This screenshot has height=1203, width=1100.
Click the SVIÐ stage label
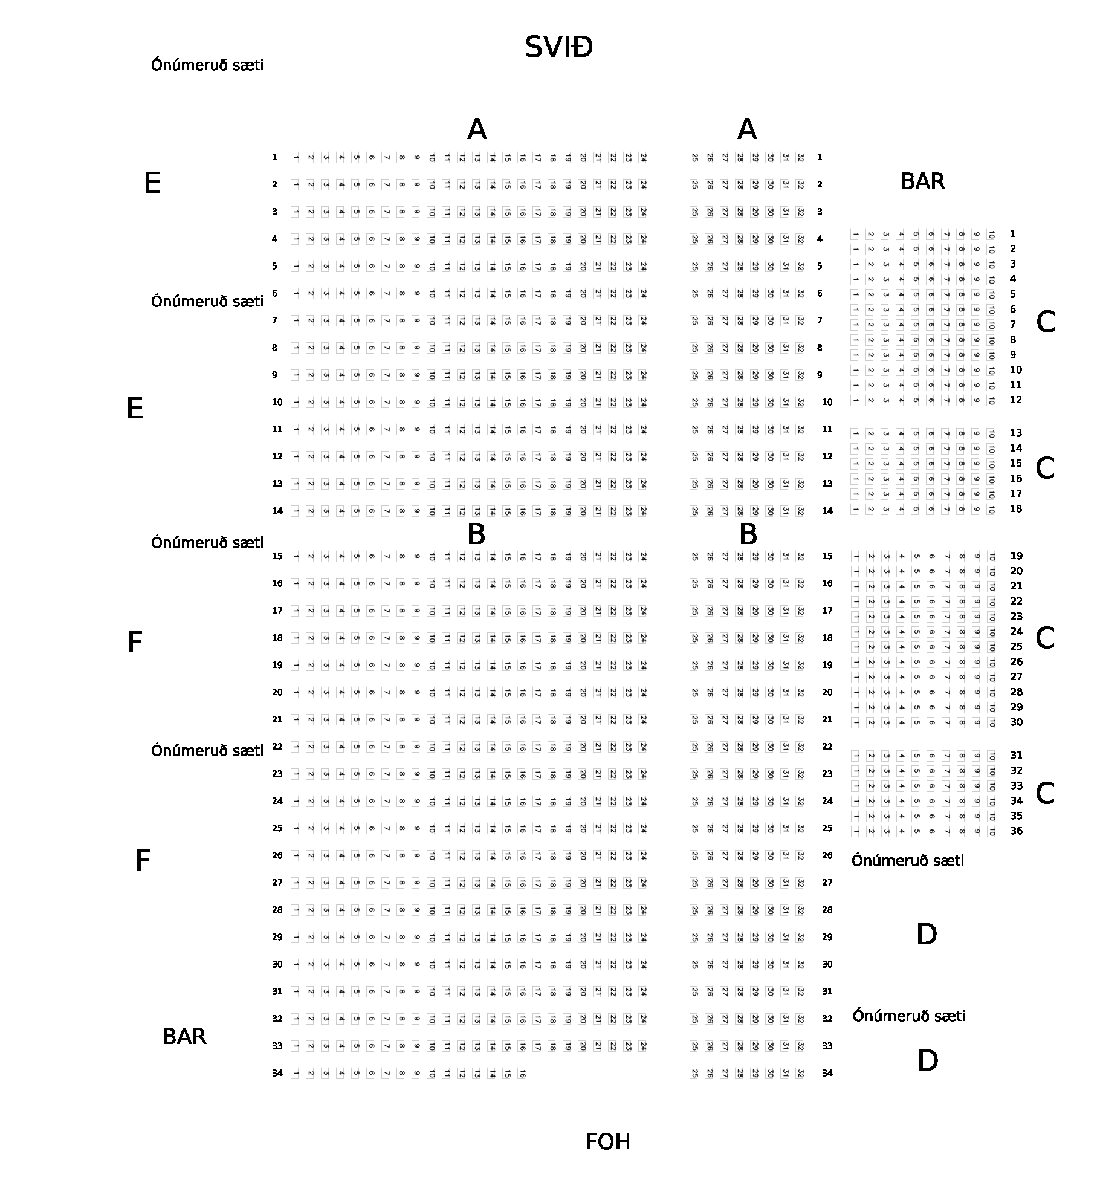(x=558, y=47)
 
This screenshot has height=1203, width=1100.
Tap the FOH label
(x=607, y=1142)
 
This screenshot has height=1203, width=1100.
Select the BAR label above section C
(x=922, y=181)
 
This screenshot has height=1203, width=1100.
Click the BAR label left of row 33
(x=184, y=1037)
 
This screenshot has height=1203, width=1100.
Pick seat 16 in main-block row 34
(x=522, y=1074)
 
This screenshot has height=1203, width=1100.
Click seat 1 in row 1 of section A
(x=296, y=158)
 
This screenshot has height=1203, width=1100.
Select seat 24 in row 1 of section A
(x=643, y=158)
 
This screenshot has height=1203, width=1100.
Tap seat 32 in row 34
(x=800, y=1074)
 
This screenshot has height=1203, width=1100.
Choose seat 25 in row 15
(x=694, y=557)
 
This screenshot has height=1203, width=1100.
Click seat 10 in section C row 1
(x=991, y=234)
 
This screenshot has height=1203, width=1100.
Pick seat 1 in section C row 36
(x=855, y=832)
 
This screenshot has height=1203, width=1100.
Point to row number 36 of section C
(x=1017, y=831)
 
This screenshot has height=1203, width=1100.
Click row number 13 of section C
(x=1016, y=433)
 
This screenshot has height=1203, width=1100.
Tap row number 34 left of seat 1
(x=277, y=1073)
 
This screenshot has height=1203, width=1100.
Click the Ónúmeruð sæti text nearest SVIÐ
(x=207, y=65)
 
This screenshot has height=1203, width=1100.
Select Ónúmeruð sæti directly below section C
(x=908, y=861)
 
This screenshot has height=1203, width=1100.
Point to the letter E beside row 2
(x=152, y=183)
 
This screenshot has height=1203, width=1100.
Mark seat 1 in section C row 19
(x=855, y=556)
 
